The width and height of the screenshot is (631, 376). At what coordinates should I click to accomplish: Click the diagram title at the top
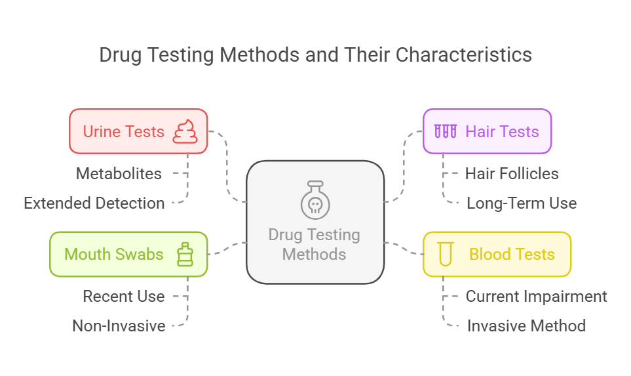click(315, 54)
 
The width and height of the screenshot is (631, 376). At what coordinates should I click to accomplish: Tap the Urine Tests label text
click(123, 131)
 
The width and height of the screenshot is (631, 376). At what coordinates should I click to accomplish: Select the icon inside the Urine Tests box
click(185, 131)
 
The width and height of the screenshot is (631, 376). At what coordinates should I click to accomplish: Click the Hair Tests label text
click(502, 131)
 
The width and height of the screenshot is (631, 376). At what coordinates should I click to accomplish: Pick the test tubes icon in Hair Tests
click(445, 131)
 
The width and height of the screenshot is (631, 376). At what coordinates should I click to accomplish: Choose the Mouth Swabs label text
click(114, 254)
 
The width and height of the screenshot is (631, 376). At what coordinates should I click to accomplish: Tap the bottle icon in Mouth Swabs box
click(185, 254)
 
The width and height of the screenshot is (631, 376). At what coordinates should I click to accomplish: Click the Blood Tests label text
click(512, 254)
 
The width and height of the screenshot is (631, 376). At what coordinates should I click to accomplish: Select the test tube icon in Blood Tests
click(446, 254)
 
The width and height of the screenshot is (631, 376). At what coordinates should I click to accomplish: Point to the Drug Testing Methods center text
click(315, 244)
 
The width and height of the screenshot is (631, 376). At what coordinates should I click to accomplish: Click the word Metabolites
click(119, 174)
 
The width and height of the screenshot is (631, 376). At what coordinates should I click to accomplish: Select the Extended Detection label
click(94, 203)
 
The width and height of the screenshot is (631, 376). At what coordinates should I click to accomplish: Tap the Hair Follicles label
click(512, 174)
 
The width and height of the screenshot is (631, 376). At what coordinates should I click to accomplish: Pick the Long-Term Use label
click(522, 203)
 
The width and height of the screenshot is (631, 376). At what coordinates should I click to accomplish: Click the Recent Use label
click(124, 297)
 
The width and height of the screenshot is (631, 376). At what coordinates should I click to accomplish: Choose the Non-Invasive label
click(119, 325)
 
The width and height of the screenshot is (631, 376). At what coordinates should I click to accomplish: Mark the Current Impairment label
click(536, 297)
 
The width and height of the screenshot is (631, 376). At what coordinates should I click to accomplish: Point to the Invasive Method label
click(526, 325)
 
